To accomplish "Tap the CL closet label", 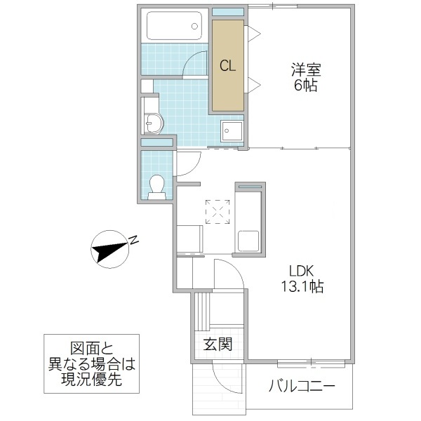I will pyautogui.click(x=227, y=67).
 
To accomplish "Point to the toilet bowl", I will pyautogui.click(x=158, y=185).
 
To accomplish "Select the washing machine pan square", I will pyautogui.click(x=232, y=131).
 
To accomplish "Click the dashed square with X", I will pyautogui.click(x=217, y=210).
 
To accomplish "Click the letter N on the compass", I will pyautogui.click(x=133, y=241).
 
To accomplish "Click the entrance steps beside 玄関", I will pyautogui.click(x=202, y=309).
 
